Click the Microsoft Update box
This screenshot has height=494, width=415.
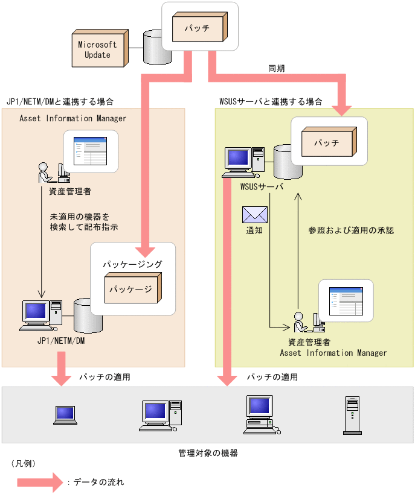tap(97, 49)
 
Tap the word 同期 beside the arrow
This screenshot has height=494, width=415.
tap(277, 69)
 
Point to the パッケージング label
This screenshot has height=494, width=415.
tap(132, 264)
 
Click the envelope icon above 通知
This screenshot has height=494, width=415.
tap(254, 215)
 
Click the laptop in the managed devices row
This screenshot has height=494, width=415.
tap(65, 414)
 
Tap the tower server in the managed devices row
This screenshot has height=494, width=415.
tap(352, 414)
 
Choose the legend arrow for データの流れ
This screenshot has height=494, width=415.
tap(39, 482)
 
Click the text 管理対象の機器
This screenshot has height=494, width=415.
tap(208, 452)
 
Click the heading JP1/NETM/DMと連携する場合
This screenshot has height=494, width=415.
tap(60, 101)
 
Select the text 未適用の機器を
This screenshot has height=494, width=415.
tap(80, 216)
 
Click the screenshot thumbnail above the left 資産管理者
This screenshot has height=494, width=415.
tap(90, 151)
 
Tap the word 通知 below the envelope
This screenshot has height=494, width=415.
tap(254, 230)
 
